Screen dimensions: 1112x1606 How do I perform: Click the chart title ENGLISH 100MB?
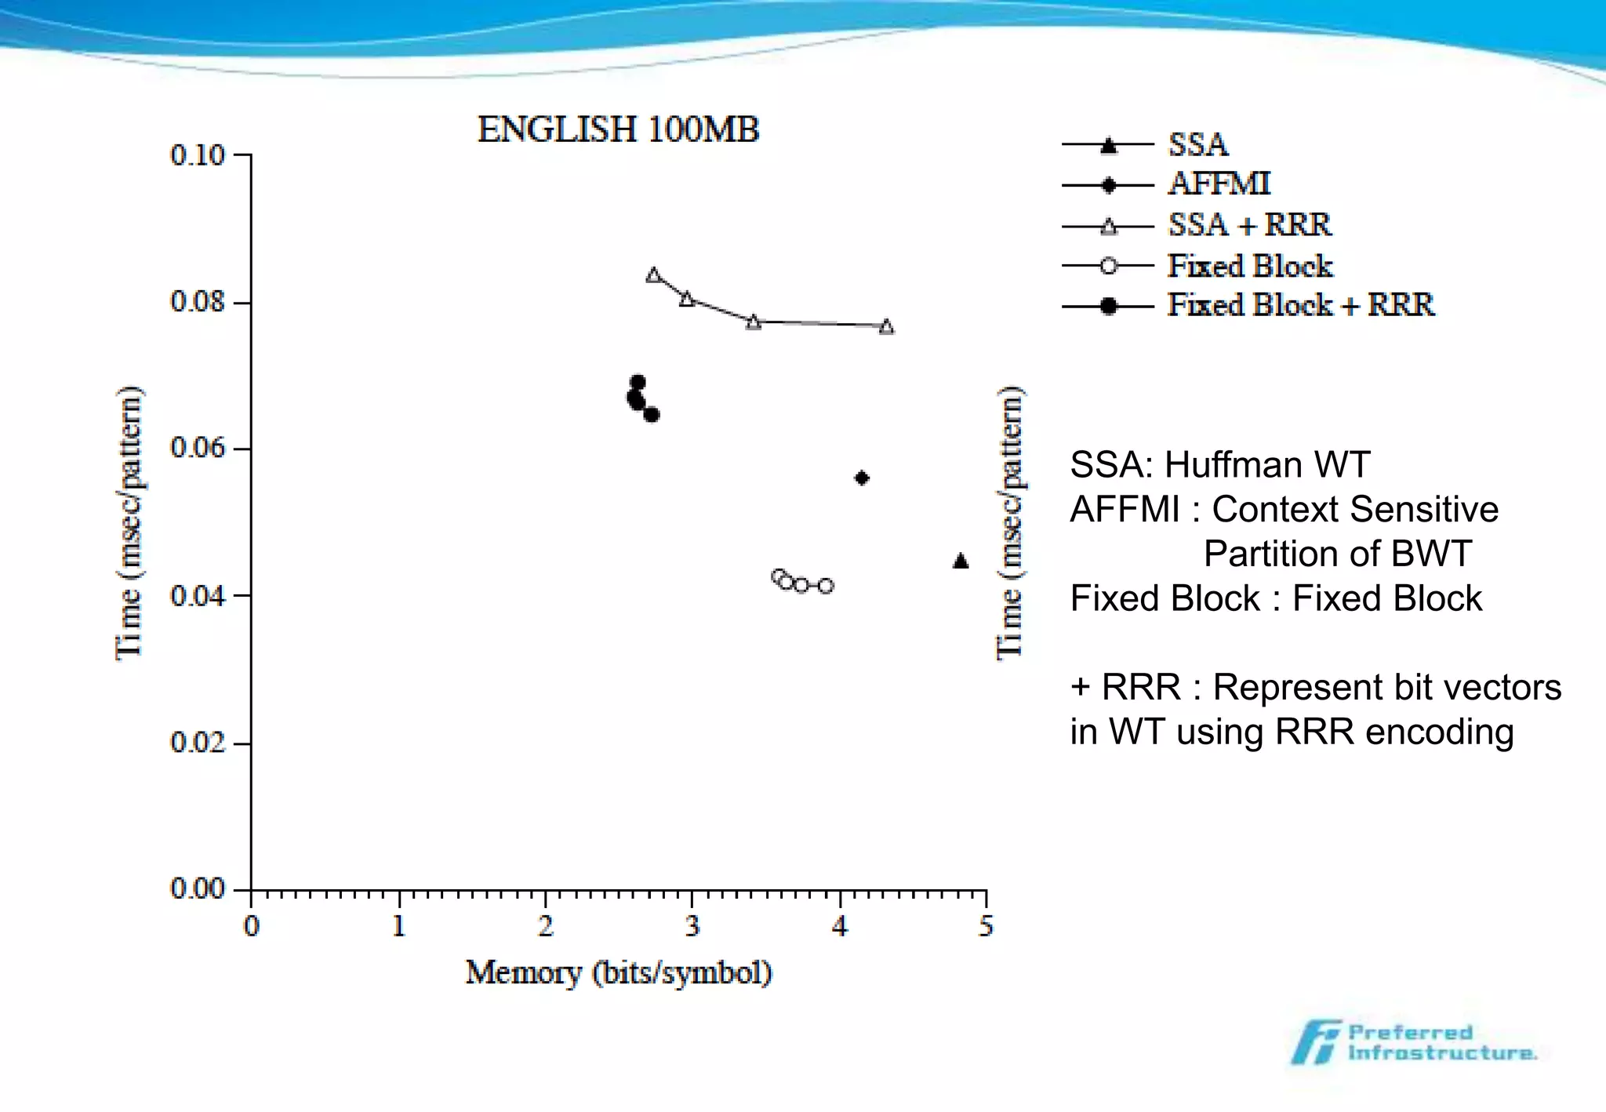pyautogui.click(x=618, y=130)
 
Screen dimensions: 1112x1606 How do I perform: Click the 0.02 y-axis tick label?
pyautogui.click(x=198, y=742)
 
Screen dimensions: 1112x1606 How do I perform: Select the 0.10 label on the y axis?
pyautogui.click(x=198, y=155)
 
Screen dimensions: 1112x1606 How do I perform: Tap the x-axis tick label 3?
pyautogui.click(x=692, y=927)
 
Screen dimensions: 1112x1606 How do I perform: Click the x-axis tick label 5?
pyautogui.click(x=986, y=927)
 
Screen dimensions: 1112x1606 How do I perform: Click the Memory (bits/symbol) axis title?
pyautogui.click(x=618, y=973)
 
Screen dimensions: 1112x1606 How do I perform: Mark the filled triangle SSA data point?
pyautogui.click(x=961, y=561)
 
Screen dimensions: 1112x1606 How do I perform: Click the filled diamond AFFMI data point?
pyautogui.click(x=862, y=478)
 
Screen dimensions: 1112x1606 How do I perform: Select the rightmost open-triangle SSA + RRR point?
pyautogui.click(x=886, y=327)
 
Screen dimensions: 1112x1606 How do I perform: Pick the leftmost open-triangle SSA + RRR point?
pyautogui.click(x=653, y=275)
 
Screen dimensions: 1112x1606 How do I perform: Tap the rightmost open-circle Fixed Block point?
pyautogui.click(x=826, y=586)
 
